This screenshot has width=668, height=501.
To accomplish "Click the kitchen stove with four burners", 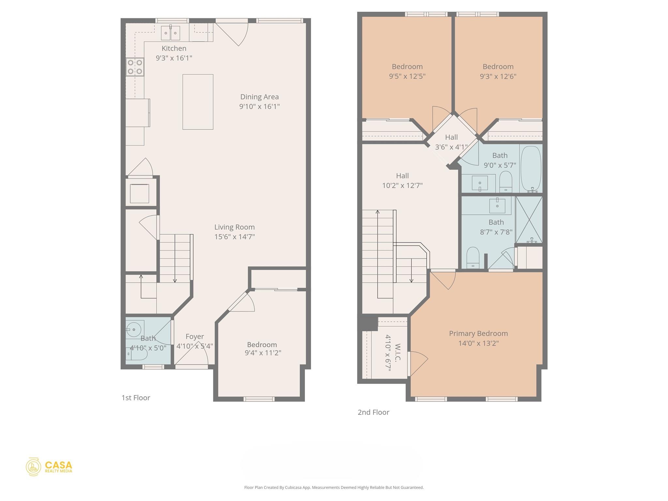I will (x=135, y=67).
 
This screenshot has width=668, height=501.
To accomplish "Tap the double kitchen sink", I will (x=171, y=33).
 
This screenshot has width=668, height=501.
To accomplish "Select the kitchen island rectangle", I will (x=198, y=102).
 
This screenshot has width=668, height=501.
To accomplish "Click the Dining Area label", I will (x=259, y=97).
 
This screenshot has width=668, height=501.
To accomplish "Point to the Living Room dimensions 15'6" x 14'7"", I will (x=234, y=237).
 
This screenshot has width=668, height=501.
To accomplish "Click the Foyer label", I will (x=195, y=337).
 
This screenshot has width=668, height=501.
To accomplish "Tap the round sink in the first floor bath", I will (x=134, y=330).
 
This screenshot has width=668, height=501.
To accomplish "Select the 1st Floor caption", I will (x=136, y=398).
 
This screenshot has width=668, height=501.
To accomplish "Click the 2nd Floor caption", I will (x=373, y=412).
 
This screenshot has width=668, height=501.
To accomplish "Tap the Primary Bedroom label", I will (x=478, y=333).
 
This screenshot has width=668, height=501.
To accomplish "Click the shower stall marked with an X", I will (x=529, y=220).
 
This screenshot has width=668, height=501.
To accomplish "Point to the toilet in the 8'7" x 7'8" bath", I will (x=473, y=258).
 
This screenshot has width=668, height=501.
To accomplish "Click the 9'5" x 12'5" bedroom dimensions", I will (x=407, y=76).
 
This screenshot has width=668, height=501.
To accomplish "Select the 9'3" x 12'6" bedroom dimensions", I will (x=498, y=76).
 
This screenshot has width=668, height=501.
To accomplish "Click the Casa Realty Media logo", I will (x=49, y=467).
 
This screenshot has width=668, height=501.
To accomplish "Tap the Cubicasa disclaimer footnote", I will (x=334, y=488).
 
